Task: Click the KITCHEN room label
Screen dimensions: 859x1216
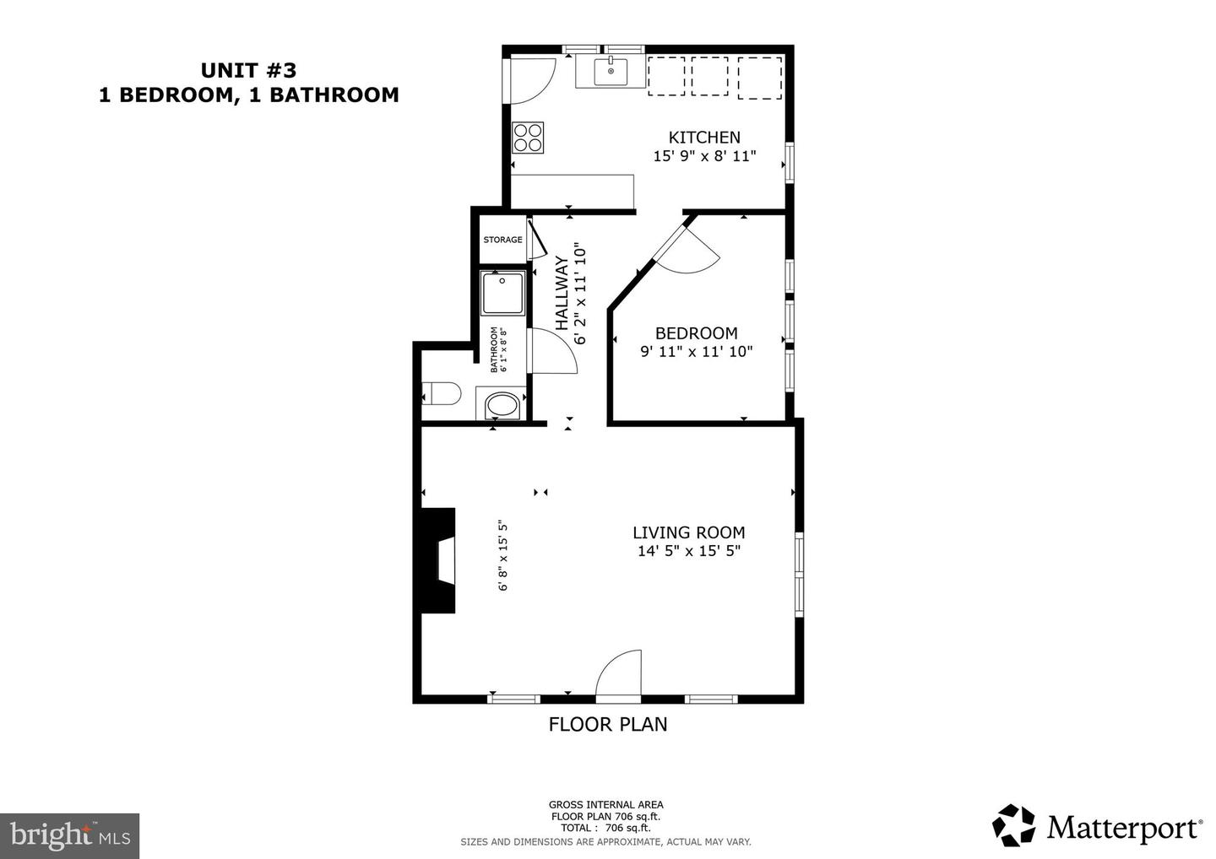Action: pos(704,138)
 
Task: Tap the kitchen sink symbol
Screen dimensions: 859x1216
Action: pos(611,72)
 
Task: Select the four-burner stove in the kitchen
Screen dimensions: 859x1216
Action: pos(528,138)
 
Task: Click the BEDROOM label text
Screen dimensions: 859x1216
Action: pos(696,333)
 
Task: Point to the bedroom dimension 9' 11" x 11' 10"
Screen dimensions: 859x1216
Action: pos(696,352)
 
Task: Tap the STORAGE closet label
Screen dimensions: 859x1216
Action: pos(502,240)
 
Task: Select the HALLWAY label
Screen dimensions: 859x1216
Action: pos(562,293)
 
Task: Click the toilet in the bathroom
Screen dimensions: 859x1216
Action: pos(442,394)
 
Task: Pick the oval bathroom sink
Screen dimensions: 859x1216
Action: pos(503,406)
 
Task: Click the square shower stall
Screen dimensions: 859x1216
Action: pos(502,293)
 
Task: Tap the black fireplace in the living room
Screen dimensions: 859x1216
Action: pos(439,559)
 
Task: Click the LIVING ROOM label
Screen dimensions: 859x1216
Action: pos(688,532)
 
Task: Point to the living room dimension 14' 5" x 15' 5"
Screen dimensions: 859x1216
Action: pos(688,551)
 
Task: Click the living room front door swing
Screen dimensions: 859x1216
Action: pos(619,677)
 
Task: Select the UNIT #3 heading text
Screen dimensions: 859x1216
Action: pos(248,70)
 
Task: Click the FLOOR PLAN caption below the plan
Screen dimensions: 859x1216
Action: pos(608,724)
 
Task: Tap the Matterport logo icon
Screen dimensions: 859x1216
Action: pos(1013,825)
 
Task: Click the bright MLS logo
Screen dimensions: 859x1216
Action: pos(69,836)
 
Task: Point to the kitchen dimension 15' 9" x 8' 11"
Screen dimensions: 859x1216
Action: pos(704,156)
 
